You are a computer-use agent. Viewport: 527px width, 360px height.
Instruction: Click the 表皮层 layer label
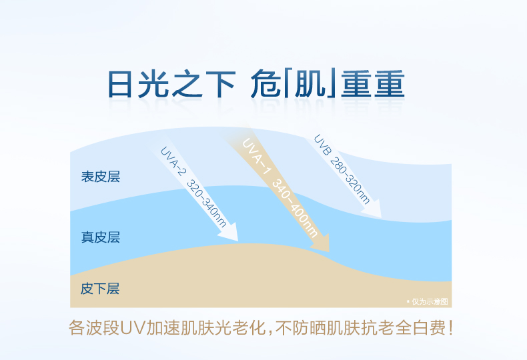101,177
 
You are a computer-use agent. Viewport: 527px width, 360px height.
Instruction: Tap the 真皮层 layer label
101,237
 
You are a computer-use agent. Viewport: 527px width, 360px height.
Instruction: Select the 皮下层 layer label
100,289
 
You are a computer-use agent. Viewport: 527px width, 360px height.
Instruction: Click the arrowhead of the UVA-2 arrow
229,233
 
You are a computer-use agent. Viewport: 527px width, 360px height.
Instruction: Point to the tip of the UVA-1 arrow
330,252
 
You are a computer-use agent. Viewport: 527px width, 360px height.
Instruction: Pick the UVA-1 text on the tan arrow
256,156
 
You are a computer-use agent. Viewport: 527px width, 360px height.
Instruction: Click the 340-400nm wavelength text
294,208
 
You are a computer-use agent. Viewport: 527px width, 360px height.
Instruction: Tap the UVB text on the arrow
322,145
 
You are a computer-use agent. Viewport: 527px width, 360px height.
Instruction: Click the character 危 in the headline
266,83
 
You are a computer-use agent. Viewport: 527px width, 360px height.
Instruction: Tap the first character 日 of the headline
120,84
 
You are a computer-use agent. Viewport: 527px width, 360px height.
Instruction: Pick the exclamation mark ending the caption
450,328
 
